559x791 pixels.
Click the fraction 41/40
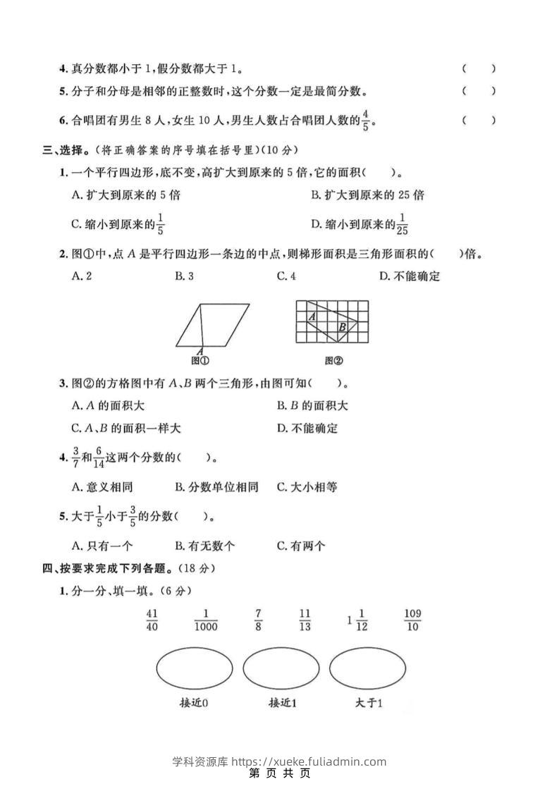[x=152, y=620]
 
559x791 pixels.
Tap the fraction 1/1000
[x=206, y=620]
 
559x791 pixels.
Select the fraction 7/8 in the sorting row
[x=259, y=620]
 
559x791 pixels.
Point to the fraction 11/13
[x=305, y=620]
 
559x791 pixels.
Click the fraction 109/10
[x=412, y=620]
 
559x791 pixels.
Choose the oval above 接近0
[x=194, y=668]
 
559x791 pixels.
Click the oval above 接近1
[x=281, y=668]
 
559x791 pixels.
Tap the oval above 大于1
[x=367, y=668]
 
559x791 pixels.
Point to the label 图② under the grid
[x=333, y=361]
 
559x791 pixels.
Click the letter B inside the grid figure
[x=342, y=327]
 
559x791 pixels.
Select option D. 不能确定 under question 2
[x=410, y=276]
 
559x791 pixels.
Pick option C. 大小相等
[x=307, y=486]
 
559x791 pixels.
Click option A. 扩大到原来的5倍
[x=120, y=195]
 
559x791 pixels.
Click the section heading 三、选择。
[x=67, y=149]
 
